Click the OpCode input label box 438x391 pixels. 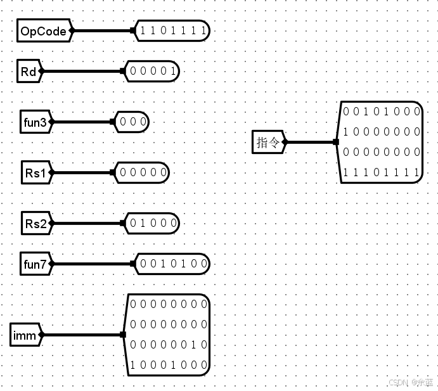pos(43,30)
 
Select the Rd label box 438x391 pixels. pos(29,71)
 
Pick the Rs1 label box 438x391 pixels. pos(35,172)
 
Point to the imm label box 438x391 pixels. pos(26,335)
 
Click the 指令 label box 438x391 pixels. pos(268,142)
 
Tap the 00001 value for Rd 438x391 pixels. pos(153,71)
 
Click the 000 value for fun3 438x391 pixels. pos(132,122)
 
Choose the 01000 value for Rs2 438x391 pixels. pos(153,223)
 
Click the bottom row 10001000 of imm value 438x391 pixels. pos(169,365)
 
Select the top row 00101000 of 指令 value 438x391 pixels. pos(382,112)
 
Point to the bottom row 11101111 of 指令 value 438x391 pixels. pos(382,172)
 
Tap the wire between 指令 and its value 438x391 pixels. pos(311,142)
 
